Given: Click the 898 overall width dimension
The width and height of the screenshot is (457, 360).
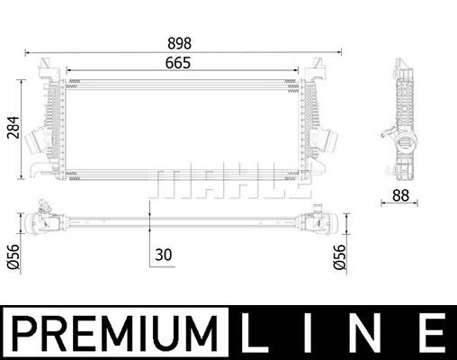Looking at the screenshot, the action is pos(179,43).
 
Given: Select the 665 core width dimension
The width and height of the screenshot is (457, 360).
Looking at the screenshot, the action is pos(178,63).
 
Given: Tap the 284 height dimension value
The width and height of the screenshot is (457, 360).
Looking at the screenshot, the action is pos(13,128).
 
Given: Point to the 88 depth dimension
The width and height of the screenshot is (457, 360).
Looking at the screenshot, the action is pos(400,195).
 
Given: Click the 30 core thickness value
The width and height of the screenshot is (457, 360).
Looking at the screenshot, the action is pos(164,255).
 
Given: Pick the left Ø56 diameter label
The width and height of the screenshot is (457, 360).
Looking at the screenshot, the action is pos(13,256).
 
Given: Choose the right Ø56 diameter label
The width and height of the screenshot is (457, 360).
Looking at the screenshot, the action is pos(339,256).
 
